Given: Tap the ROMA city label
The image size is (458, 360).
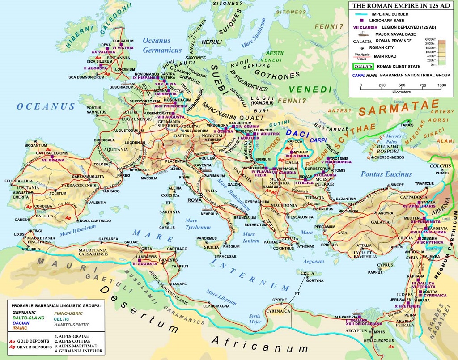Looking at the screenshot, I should point(195,200).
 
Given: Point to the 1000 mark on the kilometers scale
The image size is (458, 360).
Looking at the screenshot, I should point(441,85).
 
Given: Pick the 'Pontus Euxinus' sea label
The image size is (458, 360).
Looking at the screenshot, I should point(386,174).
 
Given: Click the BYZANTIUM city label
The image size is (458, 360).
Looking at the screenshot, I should point(346,199).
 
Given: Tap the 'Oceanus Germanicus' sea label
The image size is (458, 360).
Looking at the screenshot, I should point(162,45).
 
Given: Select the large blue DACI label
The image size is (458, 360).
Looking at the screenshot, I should point(298,133).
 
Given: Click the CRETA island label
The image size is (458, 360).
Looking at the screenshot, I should point(307,273).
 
